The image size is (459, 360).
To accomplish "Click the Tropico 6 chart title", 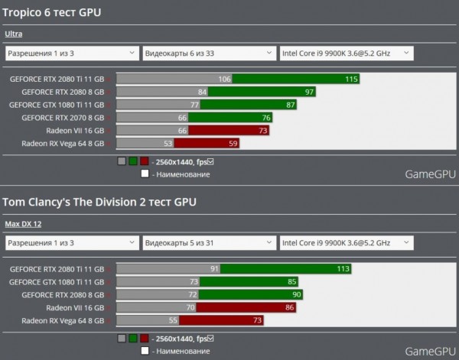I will click(x=52, y=12).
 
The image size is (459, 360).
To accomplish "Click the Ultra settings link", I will click(x=13, y=34).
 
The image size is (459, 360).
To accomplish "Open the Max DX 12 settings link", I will click(x=23, y=223).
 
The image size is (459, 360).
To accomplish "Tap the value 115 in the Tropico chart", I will click(x=351, y=79).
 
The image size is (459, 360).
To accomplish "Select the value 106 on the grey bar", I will click(x=224, y=79).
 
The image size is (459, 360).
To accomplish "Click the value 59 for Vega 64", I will click(x=233, y=143).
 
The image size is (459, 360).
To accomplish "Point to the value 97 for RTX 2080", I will click(x=309, y=92).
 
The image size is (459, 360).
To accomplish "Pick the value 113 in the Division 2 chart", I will click(x=343, y=268).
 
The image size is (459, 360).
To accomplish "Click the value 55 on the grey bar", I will click(x=172, y=319).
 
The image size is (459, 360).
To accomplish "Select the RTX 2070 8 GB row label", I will click(x=63, y=118).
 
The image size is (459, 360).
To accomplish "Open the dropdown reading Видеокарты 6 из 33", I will click(x=208, y=54).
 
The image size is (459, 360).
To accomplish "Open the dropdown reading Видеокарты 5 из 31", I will click(x=208, y=243).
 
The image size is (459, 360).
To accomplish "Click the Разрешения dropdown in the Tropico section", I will click(x=70, y=54).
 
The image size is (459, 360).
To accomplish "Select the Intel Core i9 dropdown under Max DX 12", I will click(x=346, y=243).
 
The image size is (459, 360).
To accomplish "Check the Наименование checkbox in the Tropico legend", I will click(x=145, y=174).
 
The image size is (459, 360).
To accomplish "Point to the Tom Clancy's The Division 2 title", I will click(x=99, y=202).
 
